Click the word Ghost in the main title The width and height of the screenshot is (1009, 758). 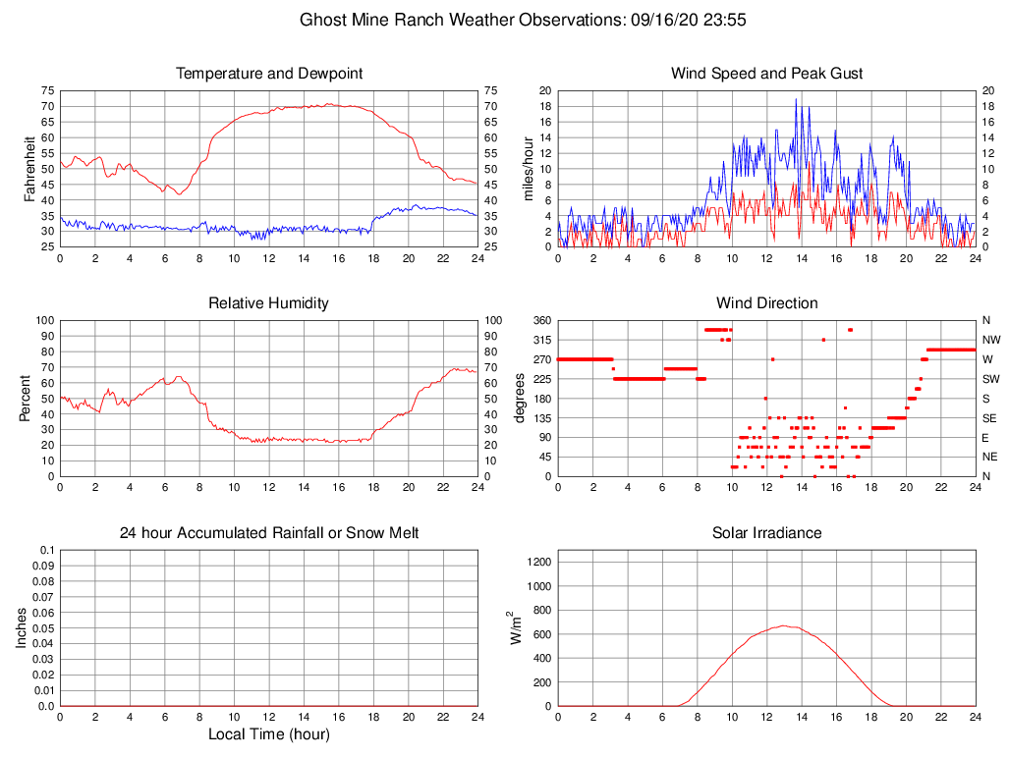coord(322,20)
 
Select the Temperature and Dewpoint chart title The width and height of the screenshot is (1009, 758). coord(269,74)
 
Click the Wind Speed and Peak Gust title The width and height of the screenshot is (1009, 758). coord(767,74)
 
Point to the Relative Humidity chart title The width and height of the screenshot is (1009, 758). coord(269,303)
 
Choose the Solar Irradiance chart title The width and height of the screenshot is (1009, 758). coord(767,533)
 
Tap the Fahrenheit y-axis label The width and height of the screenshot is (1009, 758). coord(30,168)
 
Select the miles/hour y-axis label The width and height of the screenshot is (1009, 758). coord(528,168)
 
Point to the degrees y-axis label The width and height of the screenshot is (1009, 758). coord(522,398)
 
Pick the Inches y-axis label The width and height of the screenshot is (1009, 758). coord(23,627)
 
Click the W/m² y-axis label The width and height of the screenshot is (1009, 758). coord(514,627)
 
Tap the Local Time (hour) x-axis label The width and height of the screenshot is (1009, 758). coord(269,734)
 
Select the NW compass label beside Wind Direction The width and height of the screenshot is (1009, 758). coord(990,340)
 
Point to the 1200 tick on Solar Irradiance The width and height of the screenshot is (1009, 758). coord(536,563)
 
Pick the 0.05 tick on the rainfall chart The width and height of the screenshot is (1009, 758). coord(42,628)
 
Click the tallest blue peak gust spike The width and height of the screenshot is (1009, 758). coord(796,99)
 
